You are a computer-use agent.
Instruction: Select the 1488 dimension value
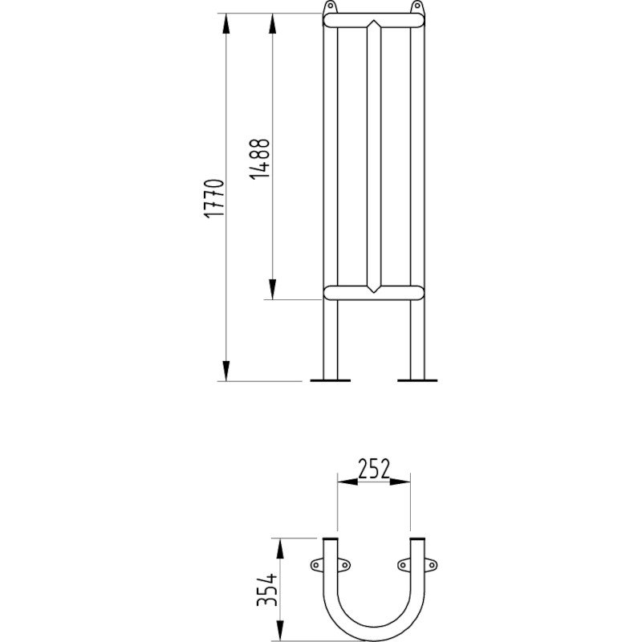coord(260,158)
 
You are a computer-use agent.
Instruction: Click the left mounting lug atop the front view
coord(329,8)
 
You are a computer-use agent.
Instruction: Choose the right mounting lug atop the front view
coord(416,8)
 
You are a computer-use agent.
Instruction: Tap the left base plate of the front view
coord(331,380)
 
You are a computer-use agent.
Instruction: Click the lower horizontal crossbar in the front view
coord(373,291)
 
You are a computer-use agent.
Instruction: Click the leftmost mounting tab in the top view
coord(316,567)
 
